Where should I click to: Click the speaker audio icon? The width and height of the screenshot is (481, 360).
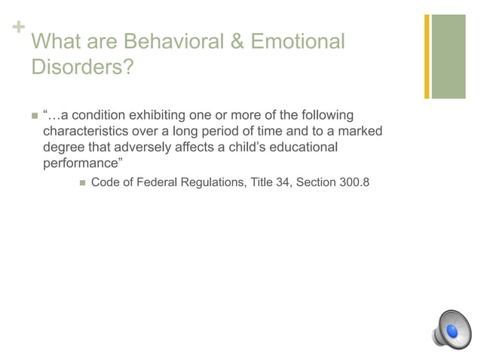452,328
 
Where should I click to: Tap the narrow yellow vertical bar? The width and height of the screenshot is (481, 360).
427,56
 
